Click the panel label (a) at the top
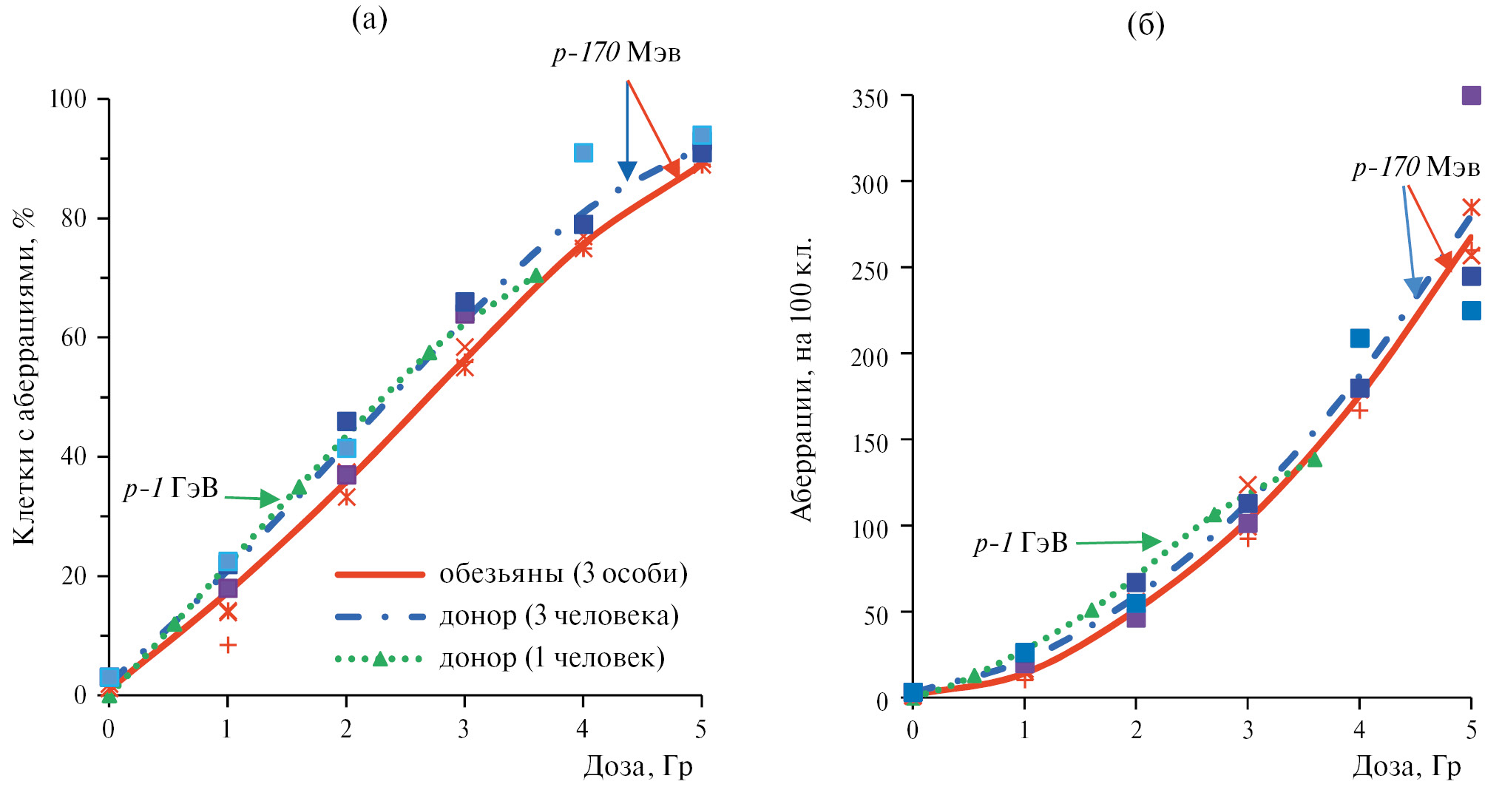tap(369, 20)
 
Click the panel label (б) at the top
tap(1146, 25)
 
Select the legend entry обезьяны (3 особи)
tap(563, 574)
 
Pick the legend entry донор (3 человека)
tap(558, 616)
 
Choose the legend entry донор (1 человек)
tap(552, 658)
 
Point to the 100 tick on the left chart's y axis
tap(68, 99)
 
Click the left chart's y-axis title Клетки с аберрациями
tap(24, 377)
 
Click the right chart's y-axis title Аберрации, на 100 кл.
tap(802, 379)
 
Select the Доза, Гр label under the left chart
tap(638, 767)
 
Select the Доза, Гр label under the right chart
tap(1407, 767)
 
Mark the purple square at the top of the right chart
tap(1471, 95)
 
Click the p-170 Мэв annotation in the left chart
tap(616, 53)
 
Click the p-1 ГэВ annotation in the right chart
tap(1021, 544)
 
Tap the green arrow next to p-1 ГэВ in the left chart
tap(251, 498)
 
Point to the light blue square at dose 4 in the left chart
tap(583, 153)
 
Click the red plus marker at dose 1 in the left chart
tap(228, 645)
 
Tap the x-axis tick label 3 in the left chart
tap(464, 730)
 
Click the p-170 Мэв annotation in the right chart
tap(1416, 167)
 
